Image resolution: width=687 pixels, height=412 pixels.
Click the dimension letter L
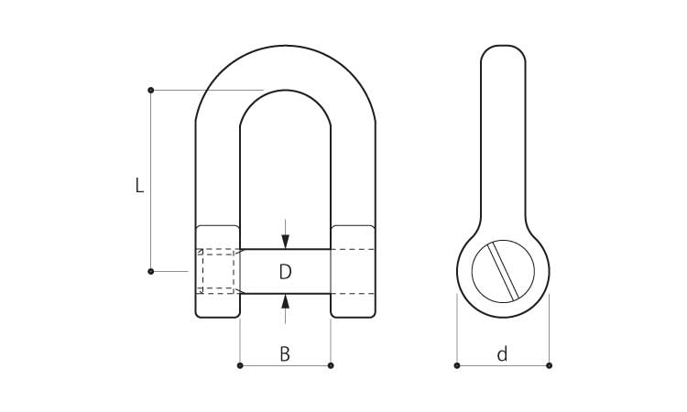139,185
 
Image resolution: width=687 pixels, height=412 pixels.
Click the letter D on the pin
285,272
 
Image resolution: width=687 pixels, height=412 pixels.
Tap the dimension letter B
285,353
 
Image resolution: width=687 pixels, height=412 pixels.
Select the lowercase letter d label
502,353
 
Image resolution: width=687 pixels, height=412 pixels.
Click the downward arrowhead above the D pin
285,242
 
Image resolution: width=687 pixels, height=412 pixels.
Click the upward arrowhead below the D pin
285,301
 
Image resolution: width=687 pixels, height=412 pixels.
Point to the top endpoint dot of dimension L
151,91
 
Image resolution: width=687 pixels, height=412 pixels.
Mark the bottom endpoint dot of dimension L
151,271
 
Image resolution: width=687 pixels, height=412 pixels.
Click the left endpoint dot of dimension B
240,365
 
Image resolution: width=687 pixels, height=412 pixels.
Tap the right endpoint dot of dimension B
331,365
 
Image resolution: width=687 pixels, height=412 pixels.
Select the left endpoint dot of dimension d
457,365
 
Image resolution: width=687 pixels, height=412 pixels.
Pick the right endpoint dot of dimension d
549,365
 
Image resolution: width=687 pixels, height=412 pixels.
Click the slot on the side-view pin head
504,271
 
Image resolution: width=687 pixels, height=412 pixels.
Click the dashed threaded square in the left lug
218,271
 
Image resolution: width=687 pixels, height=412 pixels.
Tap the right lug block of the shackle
354,271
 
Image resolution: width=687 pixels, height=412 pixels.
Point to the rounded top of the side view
503,46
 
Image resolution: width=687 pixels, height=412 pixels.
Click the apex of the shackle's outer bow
285,46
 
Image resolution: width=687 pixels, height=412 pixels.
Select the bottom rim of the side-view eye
503,317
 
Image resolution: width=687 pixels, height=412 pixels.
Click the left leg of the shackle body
218,175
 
